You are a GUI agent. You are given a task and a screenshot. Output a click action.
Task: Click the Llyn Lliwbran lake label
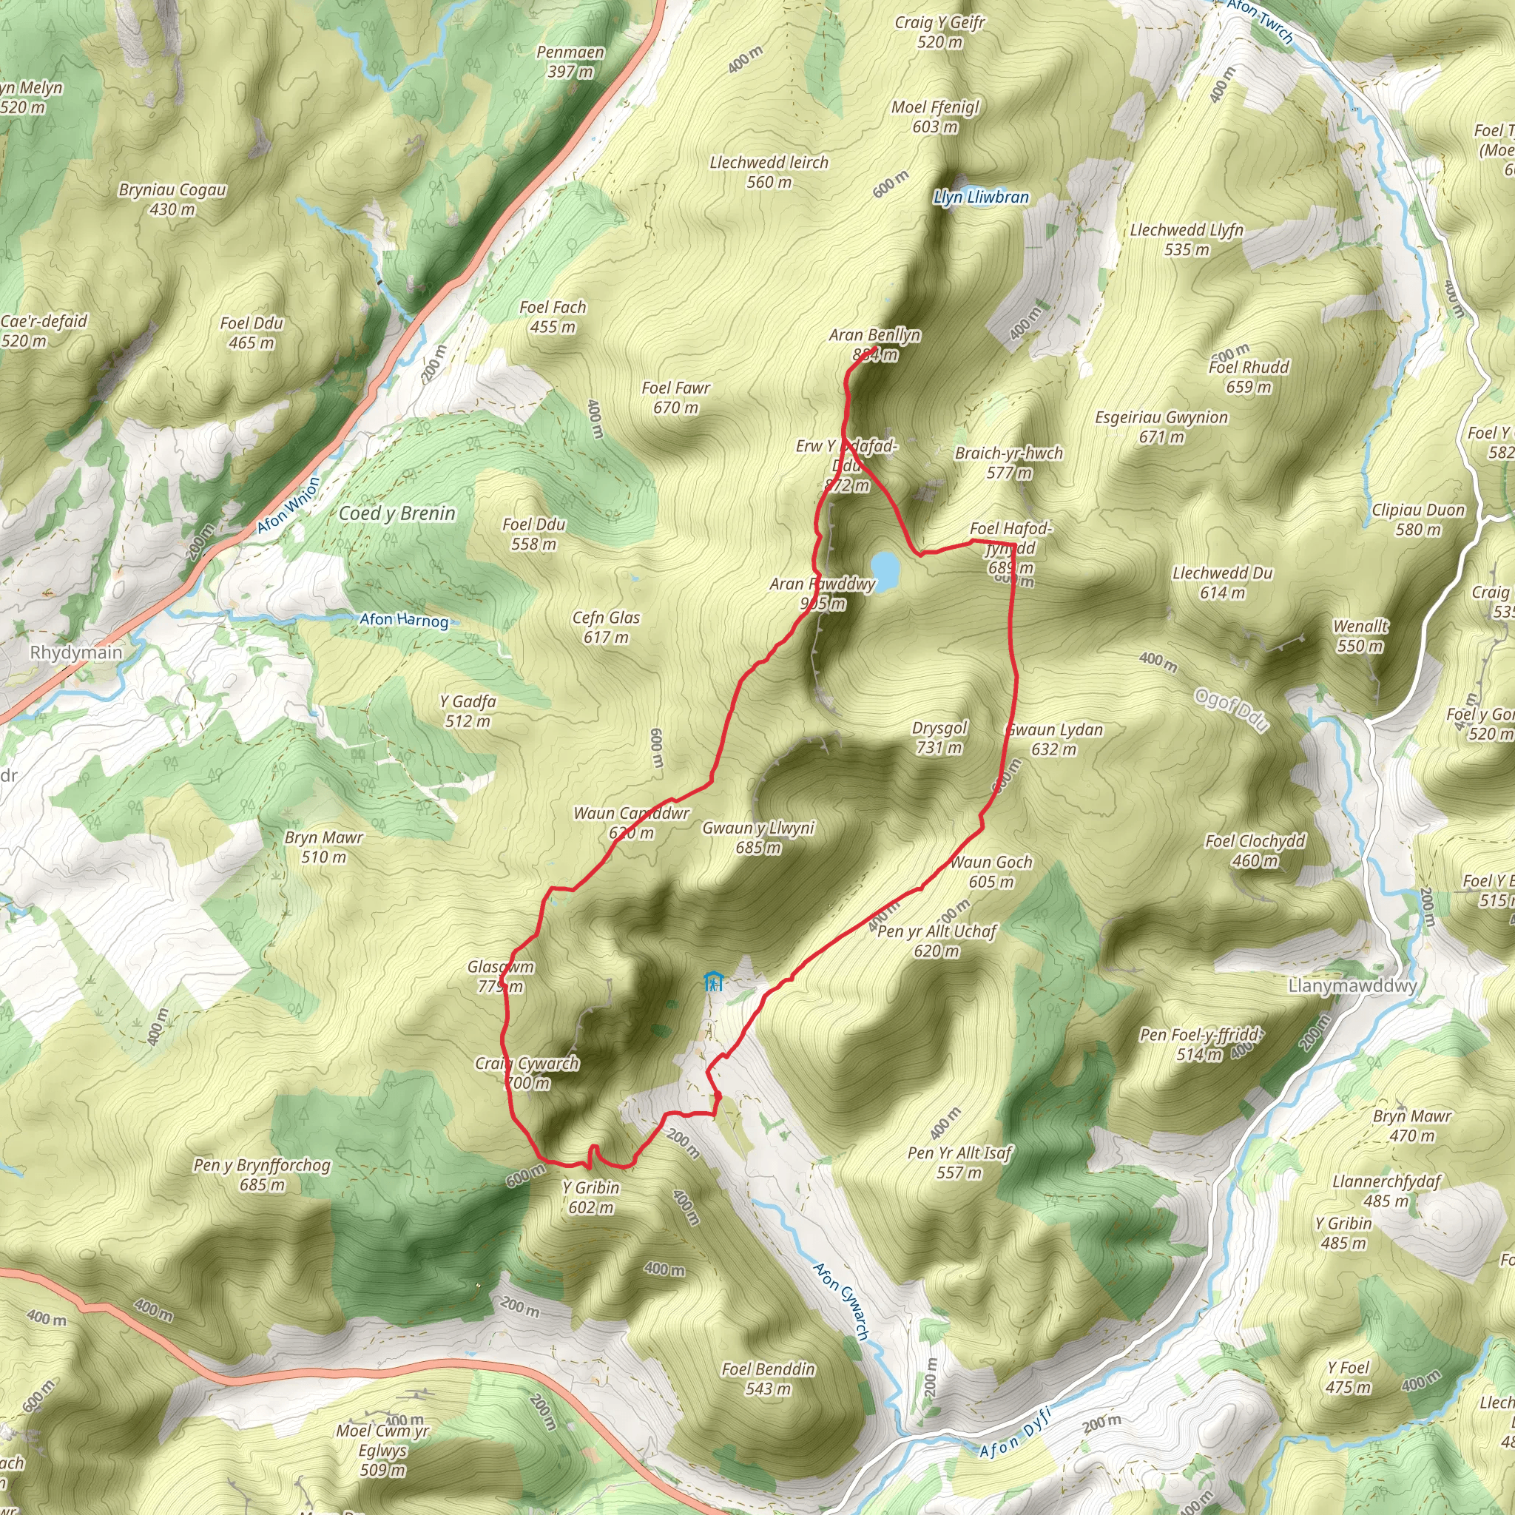(980, 197)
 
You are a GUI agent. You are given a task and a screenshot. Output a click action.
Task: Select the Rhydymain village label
(76, 652)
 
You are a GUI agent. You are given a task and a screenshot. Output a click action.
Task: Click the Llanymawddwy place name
(1352, 985)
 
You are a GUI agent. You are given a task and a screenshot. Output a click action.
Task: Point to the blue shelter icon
(713, 981)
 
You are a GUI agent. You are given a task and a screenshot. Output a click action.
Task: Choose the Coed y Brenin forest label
(397, 513)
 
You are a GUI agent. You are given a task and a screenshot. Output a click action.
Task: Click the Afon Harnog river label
(404, 620)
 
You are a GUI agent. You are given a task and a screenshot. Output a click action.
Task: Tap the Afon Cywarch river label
(840, 1301)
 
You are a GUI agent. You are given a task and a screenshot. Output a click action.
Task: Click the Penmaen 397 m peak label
(570, 62)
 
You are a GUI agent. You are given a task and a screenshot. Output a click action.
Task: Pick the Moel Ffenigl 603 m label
(936, 116)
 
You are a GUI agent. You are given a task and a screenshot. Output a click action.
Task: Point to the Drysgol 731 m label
(939, 737)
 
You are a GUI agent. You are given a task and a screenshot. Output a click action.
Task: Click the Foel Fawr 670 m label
(676, 397)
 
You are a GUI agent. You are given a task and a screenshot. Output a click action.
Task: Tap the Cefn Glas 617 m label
(606, 627)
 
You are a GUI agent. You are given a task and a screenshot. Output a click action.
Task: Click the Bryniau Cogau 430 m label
(172, 199)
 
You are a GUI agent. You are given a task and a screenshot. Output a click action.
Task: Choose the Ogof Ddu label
(1230, 709)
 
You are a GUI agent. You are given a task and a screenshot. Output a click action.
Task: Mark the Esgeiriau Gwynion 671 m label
(1161, 427)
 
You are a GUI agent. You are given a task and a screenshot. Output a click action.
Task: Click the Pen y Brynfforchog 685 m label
(262, 1175)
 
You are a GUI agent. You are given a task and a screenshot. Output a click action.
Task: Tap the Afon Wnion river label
(289, 506)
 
